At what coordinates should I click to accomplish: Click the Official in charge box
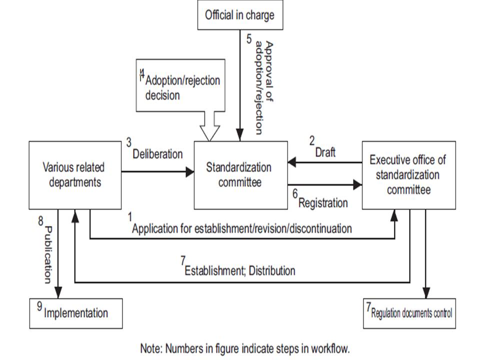point(239,15)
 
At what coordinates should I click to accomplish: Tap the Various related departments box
point(75,175)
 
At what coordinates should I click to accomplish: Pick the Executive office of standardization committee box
point(408,175)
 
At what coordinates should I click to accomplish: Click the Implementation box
point(75,313)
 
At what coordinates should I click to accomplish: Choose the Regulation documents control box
point(409,313)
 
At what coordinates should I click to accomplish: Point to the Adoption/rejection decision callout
point(180,85)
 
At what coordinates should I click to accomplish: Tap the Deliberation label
point(157,154)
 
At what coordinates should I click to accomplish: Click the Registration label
point(322,203)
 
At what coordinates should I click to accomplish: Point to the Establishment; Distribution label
point(239,271)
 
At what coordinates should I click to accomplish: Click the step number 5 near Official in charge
point(248,38)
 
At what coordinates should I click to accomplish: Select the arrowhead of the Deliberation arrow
point(189,172)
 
